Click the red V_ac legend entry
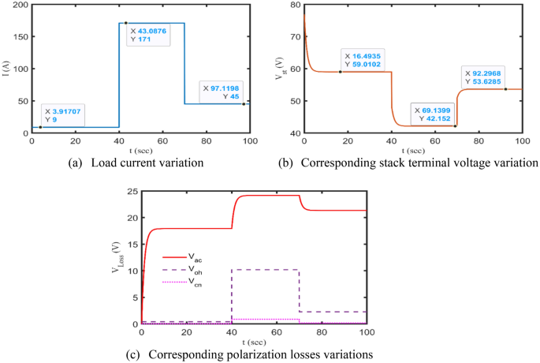click(x=180, y=256)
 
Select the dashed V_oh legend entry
click(x=180, y=269)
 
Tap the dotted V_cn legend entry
click(x=180, y=282)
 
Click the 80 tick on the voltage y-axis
click(x=294, y=6)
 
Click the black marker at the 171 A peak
click(x=125, y=23)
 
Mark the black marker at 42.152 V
click(x=455, y=126)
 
